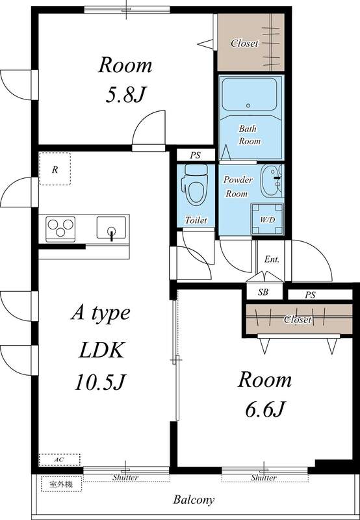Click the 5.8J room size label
click(x=125, y=95)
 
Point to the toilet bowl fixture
click(x=195, y=185)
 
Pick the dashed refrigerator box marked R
click(x=55, y=169)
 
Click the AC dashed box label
click(x=59, y=459)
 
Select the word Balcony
click(x=194, y=500)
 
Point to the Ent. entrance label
click(x=271, y=259)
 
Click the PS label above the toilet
click(x=195, y=155)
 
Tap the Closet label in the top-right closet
click(x=245, y=44)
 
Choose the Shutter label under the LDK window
click(x=125, y=478)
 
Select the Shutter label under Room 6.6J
click(x=264, y=478)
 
